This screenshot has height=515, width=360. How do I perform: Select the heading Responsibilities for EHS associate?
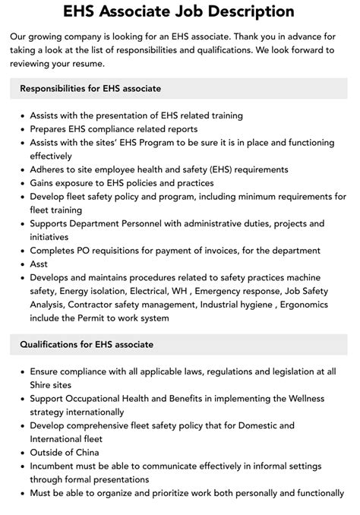tap(90, 88)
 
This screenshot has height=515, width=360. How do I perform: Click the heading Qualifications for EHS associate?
tap(87, 344)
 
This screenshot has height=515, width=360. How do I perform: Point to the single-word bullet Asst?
tap(39, 264)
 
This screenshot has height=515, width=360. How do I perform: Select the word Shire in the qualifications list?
tap(43, 385)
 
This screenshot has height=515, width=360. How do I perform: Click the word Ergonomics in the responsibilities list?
tap(313, 305)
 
